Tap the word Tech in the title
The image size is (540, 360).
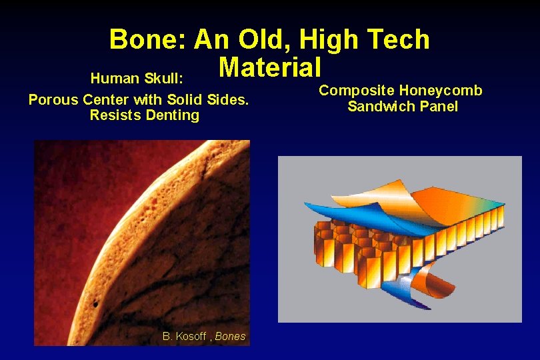(398, 40)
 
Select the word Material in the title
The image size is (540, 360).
(270, 67)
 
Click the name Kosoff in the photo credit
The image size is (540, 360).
(191, 337)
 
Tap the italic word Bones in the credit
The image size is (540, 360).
(230, 337)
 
